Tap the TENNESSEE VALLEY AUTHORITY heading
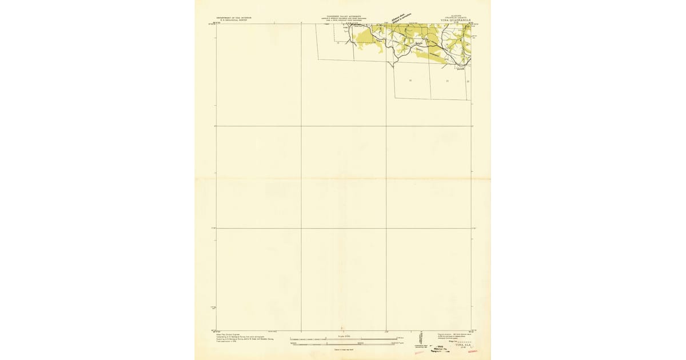tap(342, 17)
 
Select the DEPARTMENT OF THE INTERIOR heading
tap(233, 18)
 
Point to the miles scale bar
tap(343, 339)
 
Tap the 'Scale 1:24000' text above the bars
tap(343, 336)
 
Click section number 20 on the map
tap(410, 81)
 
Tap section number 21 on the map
tap(447, 81)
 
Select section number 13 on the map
tap(338, 42)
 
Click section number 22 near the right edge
tap(468, 81)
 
